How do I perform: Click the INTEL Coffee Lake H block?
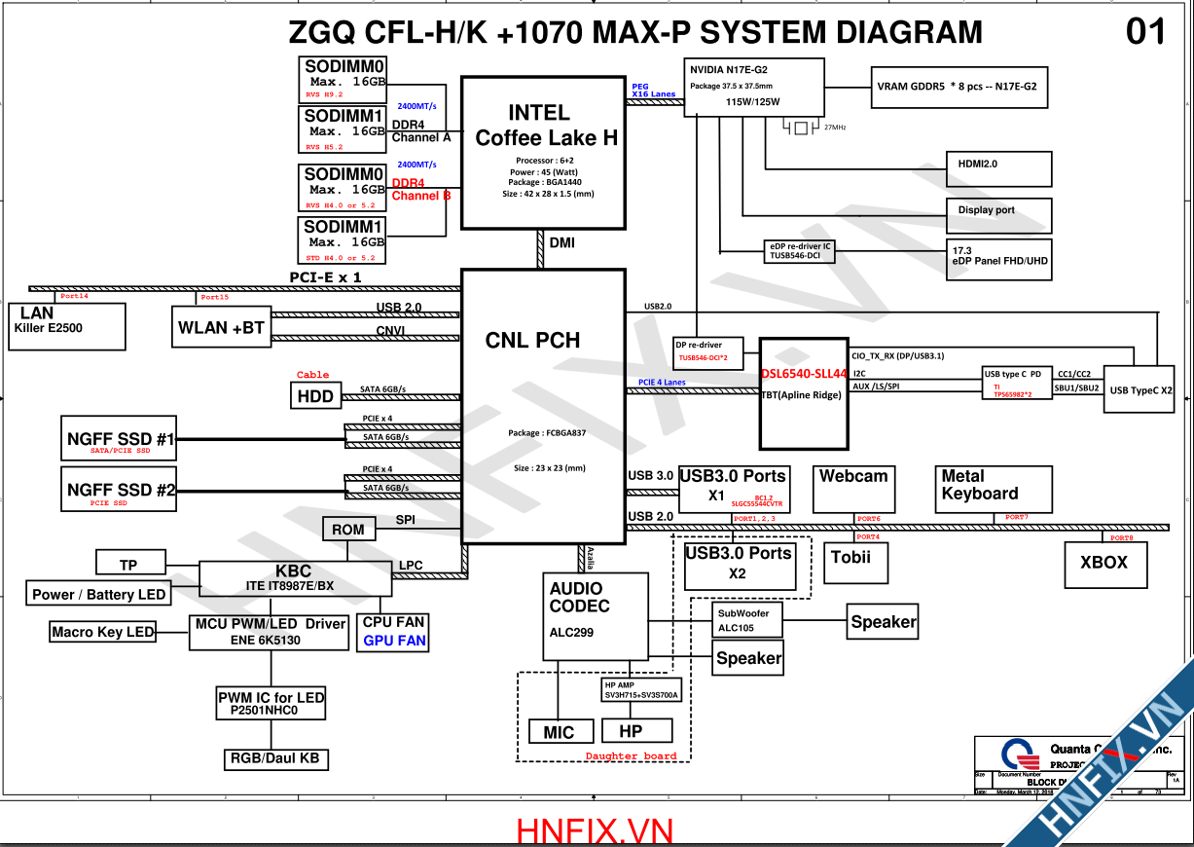[x=542, y=153]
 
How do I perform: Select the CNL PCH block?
[x=542, y=405]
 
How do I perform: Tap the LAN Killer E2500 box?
[x=67, y=326]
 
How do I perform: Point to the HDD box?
[x=315, y=396]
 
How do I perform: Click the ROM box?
[x=347, y=530]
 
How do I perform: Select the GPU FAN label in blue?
[x=394, y=642]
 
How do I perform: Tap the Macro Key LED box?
[x=103, y=633]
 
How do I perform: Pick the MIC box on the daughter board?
[x=559, y=732]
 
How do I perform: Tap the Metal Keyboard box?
[x=993, y=489]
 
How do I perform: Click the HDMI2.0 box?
[x=998, y=168]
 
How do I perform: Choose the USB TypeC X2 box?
[x=1140, y=390]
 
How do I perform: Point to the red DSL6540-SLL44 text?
[x=804, y=375]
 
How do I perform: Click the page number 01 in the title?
[x=1144, y=32]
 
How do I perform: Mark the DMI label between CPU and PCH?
[x=561, y=242]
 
